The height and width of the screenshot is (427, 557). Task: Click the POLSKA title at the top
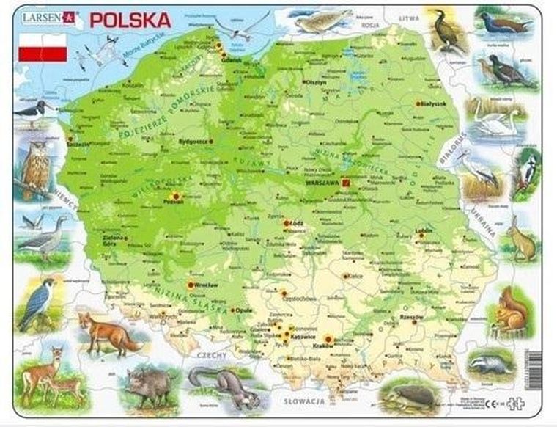click(130, 19)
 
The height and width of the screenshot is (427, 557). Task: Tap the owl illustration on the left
click(34, 167)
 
